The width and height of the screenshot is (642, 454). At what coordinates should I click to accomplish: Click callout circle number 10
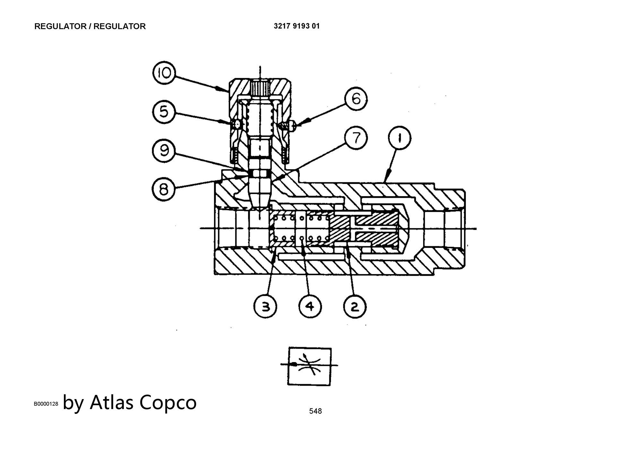[x=164, y=73]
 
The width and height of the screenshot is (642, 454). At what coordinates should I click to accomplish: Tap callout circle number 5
[x=164, y=112]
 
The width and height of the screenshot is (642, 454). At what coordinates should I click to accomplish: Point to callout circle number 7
[x=355, y=138]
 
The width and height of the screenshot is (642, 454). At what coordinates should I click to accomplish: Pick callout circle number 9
[x=164, y=150]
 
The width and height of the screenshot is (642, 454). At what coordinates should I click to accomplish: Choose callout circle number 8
[x=163, y=189]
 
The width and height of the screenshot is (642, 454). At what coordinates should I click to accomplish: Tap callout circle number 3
[x=265, y=307]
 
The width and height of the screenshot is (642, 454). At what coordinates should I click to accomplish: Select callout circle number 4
[x=310, y=307]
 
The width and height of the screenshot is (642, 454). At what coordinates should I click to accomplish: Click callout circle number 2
[x=355, y=307]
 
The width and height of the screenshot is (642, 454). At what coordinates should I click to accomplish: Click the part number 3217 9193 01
[x=297, y=26]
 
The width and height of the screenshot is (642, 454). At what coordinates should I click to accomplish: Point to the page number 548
[x=315, y=411]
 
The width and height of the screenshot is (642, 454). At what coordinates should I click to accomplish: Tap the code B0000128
[x=46, y=404]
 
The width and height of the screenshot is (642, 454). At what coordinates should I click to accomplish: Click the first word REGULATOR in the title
[x=60, y=26]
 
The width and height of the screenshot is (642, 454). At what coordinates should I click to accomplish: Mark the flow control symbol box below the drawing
[x=309, y=366]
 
